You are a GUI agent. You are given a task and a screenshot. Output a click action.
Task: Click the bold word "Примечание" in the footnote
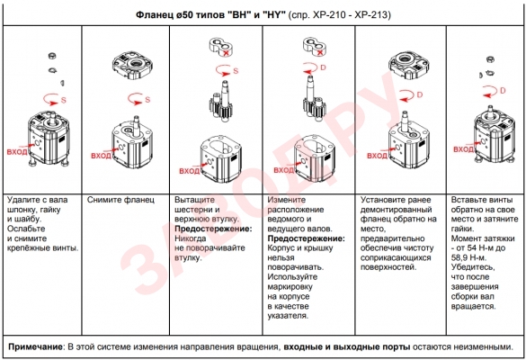[35, 346]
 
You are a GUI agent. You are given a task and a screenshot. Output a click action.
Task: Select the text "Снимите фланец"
[120, 200]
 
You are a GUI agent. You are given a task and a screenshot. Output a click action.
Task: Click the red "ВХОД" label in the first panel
[17, 152]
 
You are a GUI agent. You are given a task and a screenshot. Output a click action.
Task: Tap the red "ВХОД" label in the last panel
[464, 149]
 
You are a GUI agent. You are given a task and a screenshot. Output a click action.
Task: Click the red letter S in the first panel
[64, 100]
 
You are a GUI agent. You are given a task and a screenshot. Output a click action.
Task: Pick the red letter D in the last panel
[503, 90]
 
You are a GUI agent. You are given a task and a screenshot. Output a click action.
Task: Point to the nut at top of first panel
[52, 56]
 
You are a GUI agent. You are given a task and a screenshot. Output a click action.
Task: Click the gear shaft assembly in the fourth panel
[315, 98]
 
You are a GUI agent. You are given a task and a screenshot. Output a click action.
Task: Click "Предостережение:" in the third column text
[213, 229]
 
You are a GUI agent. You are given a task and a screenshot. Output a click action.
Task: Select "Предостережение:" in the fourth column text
[307, 238]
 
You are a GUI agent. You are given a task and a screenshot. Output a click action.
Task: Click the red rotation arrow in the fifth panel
[406, 95]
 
